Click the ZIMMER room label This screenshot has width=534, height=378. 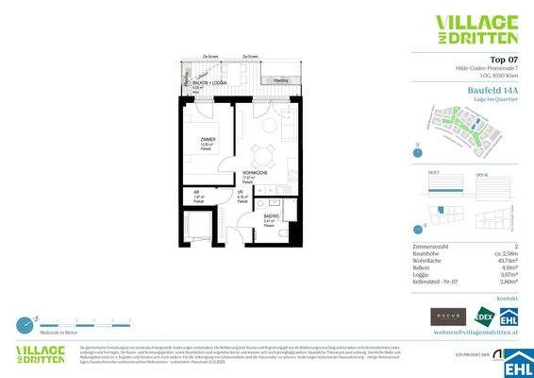(x=209, y=139)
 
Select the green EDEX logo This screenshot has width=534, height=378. (x=484, y=316)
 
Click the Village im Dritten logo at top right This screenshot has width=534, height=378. (x=476, y=29)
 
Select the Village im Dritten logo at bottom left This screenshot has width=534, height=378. (x=44, y=356)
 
